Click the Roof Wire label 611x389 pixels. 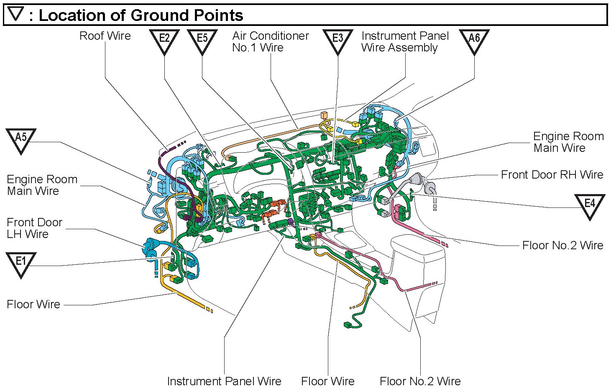point(105,36)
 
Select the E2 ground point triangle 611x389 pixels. point(164,41)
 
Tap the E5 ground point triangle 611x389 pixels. point(202,41)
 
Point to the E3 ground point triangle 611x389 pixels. point(337,41)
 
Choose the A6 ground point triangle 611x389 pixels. point(474,41)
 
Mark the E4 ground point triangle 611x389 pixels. point(590,205)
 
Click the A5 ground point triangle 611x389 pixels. point(21,140)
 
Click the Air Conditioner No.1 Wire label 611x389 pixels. point(270,42)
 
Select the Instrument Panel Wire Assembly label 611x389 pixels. point(405,42)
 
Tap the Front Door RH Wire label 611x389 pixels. point(552,175)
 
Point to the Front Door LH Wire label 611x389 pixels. point(34,228)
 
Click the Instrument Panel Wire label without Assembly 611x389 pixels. point(224,381)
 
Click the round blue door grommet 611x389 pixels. point(150,248)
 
